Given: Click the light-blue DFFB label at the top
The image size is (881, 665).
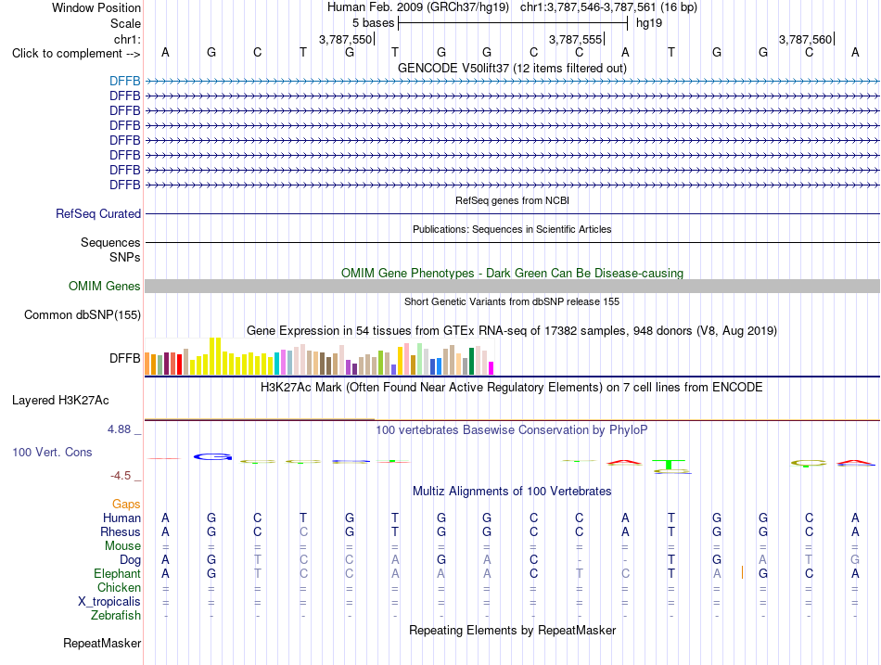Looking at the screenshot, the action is (125, 81).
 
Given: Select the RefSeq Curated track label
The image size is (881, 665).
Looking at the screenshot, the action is (98, 213).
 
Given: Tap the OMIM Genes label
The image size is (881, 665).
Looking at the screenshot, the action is (105, 286).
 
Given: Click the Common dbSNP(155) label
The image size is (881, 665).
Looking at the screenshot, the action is (83, 314).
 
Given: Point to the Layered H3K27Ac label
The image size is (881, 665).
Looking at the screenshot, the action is (60, 401).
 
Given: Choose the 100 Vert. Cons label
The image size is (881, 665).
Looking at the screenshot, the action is (52, 452).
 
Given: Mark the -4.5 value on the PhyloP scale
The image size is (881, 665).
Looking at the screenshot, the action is (121, 476).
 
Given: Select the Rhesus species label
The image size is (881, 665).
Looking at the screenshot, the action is (121, 531).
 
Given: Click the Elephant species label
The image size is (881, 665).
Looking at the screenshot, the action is (117, 574).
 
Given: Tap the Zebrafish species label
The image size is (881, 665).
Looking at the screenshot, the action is (116, 616).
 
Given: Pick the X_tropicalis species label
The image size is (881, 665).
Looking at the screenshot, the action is (109, 602).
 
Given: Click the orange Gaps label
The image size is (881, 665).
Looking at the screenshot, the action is (126, 505).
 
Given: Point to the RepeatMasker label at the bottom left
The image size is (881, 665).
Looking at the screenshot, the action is (102, 643).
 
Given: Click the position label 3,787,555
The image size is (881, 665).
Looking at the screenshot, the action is (575, 39).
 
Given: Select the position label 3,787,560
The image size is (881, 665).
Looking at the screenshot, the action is (805, 39).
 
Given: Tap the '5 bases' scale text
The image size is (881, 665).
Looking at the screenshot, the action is (373, 23).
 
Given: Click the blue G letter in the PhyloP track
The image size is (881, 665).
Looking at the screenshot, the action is (212, 457).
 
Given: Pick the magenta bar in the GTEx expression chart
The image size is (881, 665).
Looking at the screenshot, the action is (492, 368).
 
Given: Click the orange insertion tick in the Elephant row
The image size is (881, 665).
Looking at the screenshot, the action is (742, 573).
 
